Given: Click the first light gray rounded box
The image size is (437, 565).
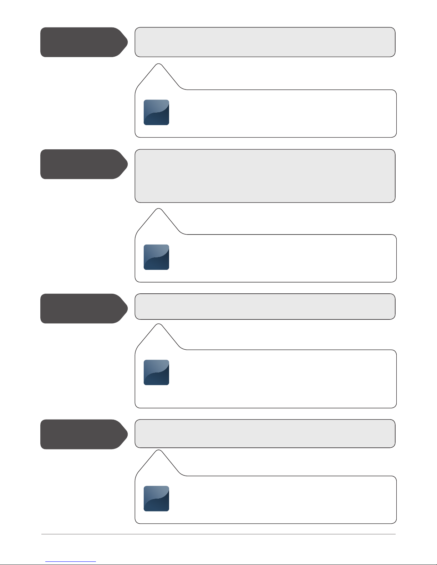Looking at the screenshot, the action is click(x=265, y=42).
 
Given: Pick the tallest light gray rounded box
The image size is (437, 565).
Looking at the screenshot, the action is click(x=265, y=176).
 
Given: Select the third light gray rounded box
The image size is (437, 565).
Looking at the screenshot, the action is click(x=265, y=307).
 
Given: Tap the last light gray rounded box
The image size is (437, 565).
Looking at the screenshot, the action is click(x=265, y=433).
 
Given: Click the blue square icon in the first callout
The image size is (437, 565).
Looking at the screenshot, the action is click(x=156, y=112).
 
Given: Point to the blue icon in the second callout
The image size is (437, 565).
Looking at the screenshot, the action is click(x=156, y=257).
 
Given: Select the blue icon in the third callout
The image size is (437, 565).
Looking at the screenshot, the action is click(x=156, y=373).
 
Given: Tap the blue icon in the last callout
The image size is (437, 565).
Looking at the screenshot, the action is click(x=156, y=498).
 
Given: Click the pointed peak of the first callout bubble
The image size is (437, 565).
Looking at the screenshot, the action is click(x=159, y=65).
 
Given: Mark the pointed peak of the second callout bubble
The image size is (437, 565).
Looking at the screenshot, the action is click(x=159, y=210).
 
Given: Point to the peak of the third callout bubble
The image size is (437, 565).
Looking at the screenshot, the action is click(x=159, y=325).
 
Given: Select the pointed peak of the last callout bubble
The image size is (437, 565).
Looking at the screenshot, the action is click(x=159, y=451).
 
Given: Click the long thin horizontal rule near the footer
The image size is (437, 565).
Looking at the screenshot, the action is click(x=218, y=534).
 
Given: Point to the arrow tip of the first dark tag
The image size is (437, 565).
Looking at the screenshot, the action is click(x=127, y=42).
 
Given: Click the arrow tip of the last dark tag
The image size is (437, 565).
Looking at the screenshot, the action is click(x=127, y=434).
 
